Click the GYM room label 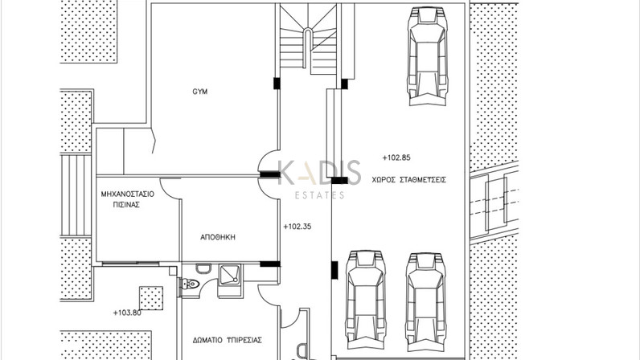(199, 92)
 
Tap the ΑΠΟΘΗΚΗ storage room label (218, 237)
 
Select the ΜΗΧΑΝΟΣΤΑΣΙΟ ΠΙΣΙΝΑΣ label (127, 199)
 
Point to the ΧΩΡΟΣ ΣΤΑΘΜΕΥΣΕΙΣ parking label (409, 179)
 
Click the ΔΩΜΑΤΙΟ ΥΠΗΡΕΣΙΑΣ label (228, 340)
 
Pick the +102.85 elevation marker (396, 157)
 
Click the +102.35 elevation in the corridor (297, 227)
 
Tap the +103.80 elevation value (127, 313)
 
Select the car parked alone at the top (428, 56)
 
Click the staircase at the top (308, 39)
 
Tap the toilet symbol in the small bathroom (191, 284)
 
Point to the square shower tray (231, 275)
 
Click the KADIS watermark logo (319, 172)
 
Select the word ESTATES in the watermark (319, 195)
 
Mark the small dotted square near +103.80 (151, 298)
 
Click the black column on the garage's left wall (334, 270)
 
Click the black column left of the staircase (277, 84)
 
